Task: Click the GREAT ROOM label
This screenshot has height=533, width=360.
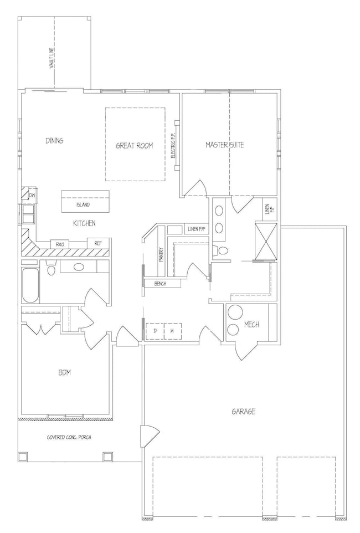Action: [135, 146]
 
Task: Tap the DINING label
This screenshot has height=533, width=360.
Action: [54, 140]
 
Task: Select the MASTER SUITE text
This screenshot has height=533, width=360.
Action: [225, 145]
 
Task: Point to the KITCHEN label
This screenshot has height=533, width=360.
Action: [84, 223]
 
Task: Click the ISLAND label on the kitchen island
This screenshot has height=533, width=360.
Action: [83, 205]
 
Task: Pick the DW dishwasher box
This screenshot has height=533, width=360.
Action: [32, 195]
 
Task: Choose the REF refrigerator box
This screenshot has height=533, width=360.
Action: [99, 243]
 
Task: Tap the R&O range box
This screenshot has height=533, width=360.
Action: [60, 244]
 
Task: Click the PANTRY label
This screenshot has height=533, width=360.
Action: [161, 254]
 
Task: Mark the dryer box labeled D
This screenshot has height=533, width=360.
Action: [155, 331]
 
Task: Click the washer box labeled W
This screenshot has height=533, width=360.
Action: [173, 331]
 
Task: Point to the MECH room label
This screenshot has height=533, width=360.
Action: [251, 325]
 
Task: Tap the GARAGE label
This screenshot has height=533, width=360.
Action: [243, 412]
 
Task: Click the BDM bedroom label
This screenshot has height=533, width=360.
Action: [64, 372]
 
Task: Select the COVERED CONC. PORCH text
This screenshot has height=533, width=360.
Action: [69, 437]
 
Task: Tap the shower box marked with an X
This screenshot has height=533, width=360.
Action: [266, 240]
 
